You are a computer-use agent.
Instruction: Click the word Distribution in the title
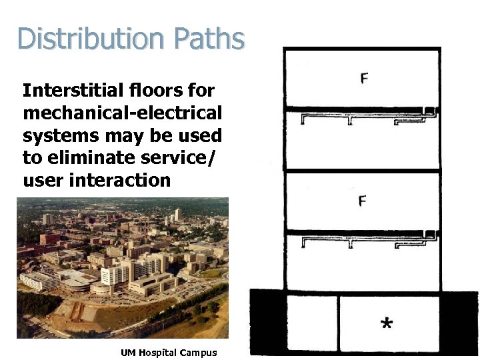pos(87,39)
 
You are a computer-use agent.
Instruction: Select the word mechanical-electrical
pos(122,113)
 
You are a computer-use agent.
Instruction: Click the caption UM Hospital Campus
pos(168,353)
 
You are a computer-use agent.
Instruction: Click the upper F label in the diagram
pos(364,79)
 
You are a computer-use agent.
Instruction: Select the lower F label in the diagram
pos(362,201)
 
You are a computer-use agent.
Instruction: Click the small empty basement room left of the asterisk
pos(311,324)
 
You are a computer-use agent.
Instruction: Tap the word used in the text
pos(200,135)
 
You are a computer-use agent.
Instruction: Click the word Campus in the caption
pos(201,353)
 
